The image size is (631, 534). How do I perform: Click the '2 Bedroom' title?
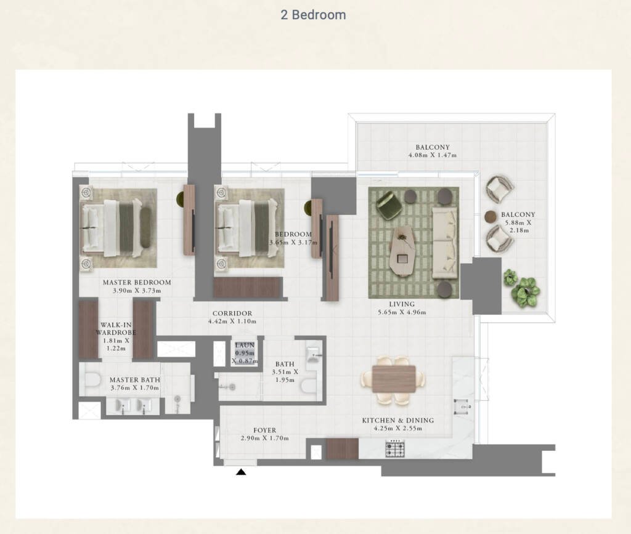click(313, 15)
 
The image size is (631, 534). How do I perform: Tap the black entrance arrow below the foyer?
click(241, 472)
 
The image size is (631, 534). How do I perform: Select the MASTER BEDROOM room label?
click(137, 282)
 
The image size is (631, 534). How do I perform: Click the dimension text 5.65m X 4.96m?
click(402, 312)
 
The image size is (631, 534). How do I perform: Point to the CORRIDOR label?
click(232, 314)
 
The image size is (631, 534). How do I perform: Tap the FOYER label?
click(265, 431)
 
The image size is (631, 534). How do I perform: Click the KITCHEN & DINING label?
click(398, 420)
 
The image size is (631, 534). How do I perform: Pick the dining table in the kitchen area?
click(394, 379)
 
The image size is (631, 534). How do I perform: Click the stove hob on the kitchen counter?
click(395, 448)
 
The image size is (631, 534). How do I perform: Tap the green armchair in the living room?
click(389, 205)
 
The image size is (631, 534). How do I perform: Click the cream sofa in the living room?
click(445, 243)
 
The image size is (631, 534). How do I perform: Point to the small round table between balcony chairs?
click(491, 217)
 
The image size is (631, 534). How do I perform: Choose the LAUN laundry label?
click(245, 345)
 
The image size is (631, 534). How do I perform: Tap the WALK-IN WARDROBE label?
click(115, 328)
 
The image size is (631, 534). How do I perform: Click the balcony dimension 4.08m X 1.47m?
click(433, 155)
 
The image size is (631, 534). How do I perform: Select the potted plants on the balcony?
click(521, 287)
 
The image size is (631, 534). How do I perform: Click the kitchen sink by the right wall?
click(461, 406)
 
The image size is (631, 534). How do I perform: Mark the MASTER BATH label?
click(135, 379)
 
